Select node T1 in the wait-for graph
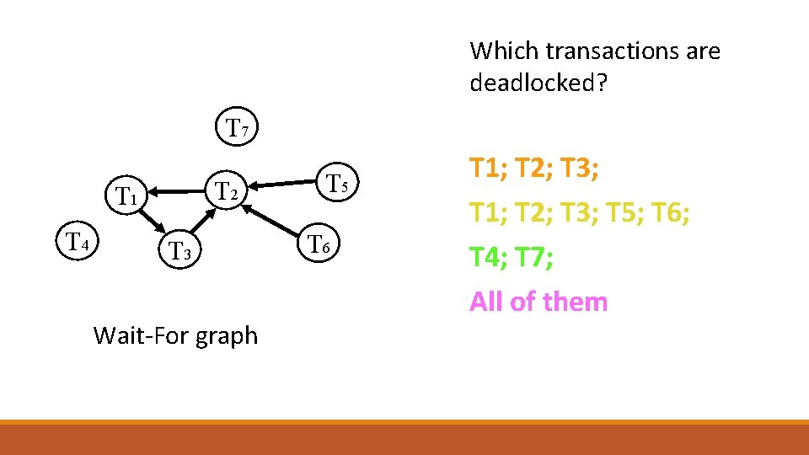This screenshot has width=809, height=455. pyautogui.click(x=126, y=196)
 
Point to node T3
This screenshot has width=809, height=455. pyautogui.click(x=181, y=249)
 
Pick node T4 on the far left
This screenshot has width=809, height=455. pyautogui.click(x=78, y=243)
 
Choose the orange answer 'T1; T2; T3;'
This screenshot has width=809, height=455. pyautogui.click(x=534, y=169)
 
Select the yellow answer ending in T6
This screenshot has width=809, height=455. pyautogui.click(x=581, y=214)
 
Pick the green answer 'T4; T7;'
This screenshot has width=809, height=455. pyautogui.click(x=512, y=257)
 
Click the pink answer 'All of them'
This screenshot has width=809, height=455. pyautogui.click(x=538, y=301)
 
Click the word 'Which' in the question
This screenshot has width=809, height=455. pyautogui.click(x=504, y=51)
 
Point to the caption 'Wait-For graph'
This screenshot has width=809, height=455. pyautogui.click(x=175, y=335)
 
